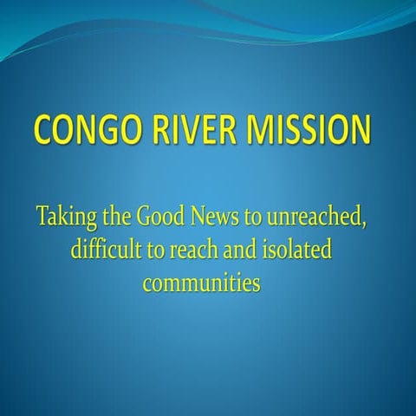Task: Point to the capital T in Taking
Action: pos(43,217)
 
